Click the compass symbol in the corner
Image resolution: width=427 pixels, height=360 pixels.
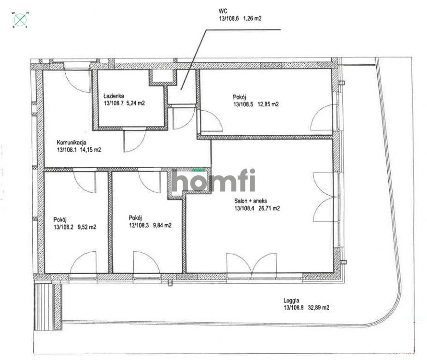pyautogui.click(x=20, y=19)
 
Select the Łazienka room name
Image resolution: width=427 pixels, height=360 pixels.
pyautogui.click(x=114, y=96)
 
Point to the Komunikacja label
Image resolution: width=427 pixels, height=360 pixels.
pyautogui.click(x=71, y=142)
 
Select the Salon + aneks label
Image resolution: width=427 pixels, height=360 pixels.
pyautogui.click(x=248, y=201)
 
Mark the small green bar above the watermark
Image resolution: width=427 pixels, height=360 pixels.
pyautogui.click(x=198, y=170)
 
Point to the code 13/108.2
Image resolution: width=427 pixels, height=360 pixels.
pyautogui.click(x=63, y=226)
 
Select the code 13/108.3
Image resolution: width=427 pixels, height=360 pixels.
pyautogui.click(x=139, y=225)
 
